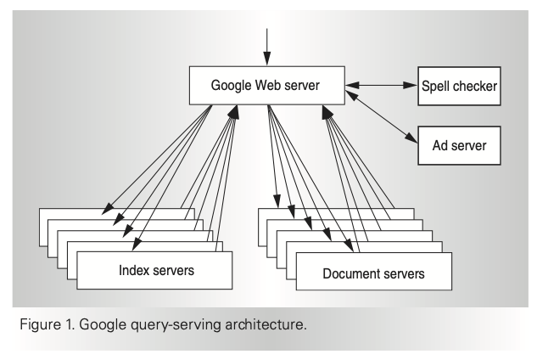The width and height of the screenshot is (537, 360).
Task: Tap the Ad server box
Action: point(458,146)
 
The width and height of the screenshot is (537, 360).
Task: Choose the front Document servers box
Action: point(372,273)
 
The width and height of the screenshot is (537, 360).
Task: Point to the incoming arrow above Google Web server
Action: point(266,47)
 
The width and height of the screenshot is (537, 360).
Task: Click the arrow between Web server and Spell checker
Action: point(382,85)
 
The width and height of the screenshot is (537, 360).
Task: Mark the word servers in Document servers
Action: point(401,274)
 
